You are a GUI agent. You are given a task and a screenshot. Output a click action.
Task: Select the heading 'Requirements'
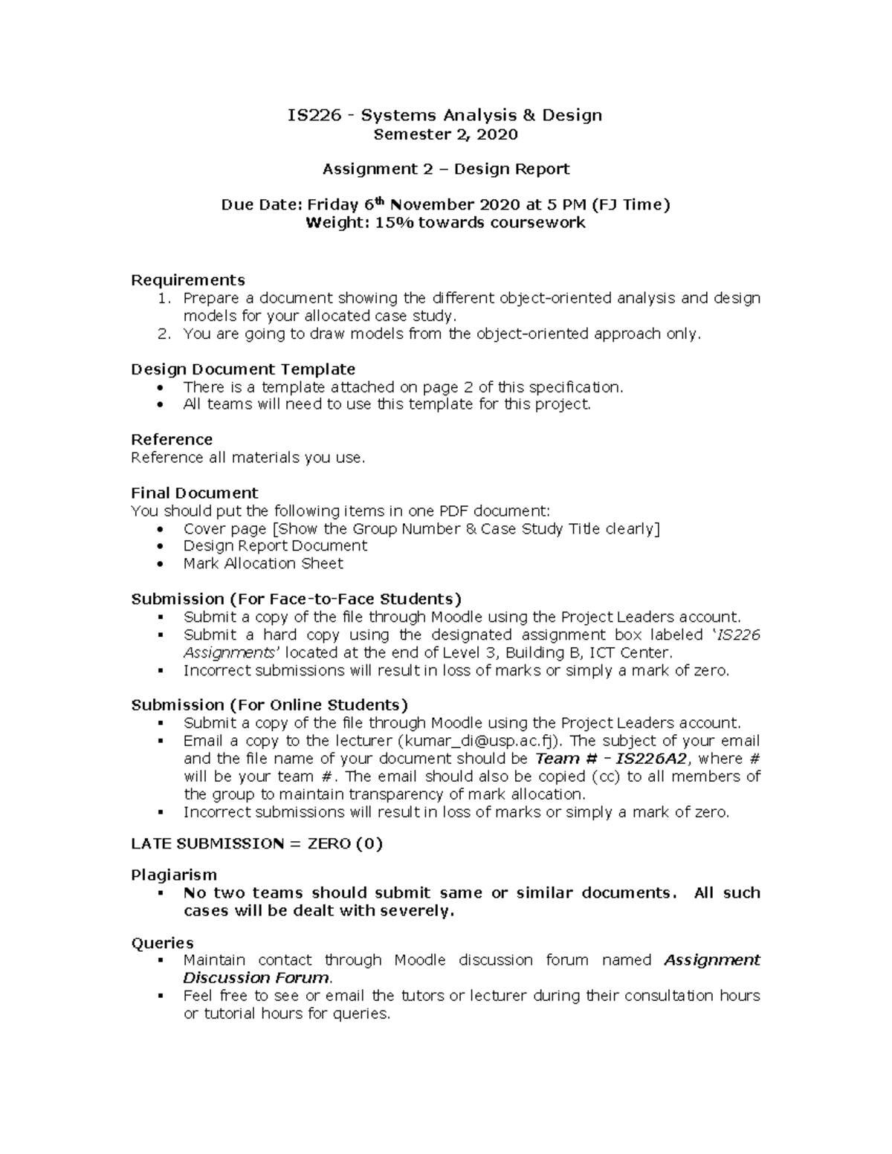[x=187, y=280]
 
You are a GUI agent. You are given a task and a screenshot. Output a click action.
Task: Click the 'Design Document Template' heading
[x=242, y=369]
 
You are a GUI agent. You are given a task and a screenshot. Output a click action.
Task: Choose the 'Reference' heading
[x=172, y=439]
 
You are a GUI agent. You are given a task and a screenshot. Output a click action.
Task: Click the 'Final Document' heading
[x=194, y=493]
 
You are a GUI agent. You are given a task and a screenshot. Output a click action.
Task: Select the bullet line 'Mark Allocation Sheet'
[x=263, y=563]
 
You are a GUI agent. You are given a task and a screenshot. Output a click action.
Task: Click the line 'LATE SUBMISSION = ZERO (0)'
[x=256, y=843]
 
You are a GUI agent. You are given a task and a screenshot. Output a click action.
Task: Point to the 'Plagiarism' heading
[x=174, y=875]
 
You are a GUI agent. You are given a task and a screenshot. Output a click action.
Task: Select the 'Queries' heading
[x=162, y=943]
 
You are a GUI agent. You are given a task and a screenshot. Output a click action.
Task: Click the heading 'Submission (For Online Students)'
[x=269, y=704]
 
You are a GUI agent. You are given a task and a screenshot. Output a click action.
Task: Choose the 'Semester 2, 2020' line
[x=445, y=134]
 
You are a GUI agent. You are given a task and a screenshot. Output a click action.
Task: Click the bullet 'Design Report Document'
[x=275, y=545]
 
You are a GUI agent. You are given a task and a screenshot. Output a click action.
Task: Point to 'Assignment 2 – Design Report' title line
[x=445, y=169]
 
